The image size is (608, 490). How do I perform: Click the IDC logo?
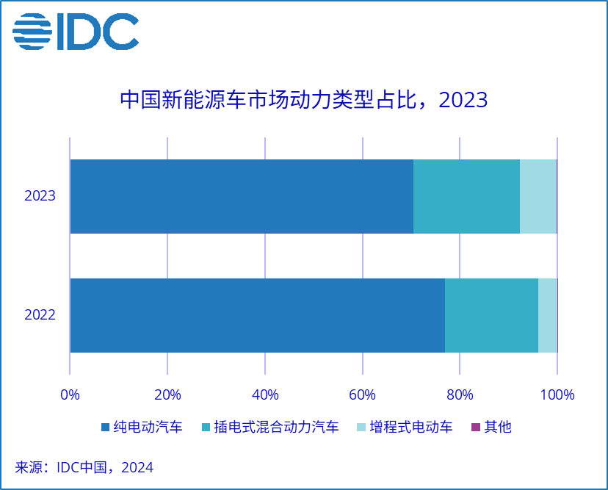click(76, 32)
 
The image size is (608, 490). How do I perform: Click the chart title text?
click(303, 100)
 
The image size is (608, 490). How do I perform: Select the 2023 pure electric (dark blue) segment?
click(242, 196)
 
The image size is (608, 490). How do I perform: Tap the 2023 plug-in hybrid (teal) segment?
click(466, 196)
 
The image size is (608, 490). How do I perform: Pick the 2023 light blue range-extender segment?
click(538, 196)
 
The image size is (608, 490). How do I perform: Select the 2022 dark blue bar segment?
click(257, 315)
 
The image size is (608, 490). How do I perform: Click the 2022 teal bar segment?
click(491, 315)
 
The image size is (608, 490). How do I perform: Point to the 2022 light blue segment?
click(547, 315)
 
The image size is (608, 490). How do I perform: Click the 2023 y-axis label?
click(40, 196)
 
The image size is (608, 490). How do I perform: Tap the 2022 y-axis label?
click(40, 315)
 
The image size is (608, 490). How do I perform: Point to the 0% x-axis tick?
click(70, 394)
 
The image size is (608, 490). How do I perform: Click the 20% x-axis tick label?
click(167, 394)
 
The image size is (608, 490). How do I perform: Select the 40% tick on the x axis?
click(265, 394)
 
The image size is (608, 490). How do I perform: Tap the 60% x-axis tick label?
click(363, 394)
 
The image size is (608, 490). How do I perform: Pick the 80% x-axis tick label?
click(460, 394)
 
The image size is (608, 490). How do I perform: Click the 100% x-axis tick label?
click(557, 394)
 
